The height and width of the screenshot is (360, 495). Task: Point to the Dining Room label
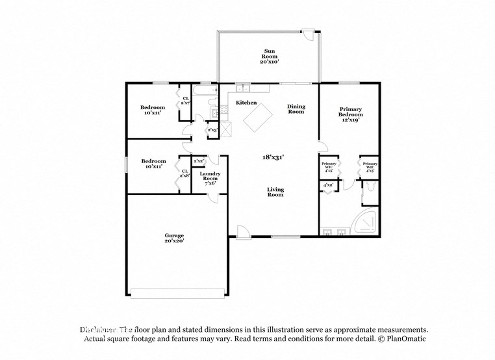click(x=296, y=109)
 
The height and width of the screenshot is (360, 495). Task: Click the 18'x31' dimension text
click(x=273, y=157)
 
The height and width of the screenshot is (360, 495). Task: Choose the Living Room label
click(x=275, y=192)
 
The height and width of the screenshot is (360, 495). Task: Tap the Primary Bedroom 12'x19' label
click(x=349, y=114)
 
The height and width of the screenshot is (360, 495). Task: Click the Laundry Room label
click(x=210, y=178)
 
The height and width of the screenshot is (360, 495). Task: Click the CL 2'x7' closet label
click(x=185, y=101)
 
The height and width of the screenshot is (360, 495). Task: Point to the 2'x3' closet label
click(x=212, y=130)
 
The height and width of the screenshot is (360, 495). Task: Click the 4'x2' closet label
click(x=328, y=186)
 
